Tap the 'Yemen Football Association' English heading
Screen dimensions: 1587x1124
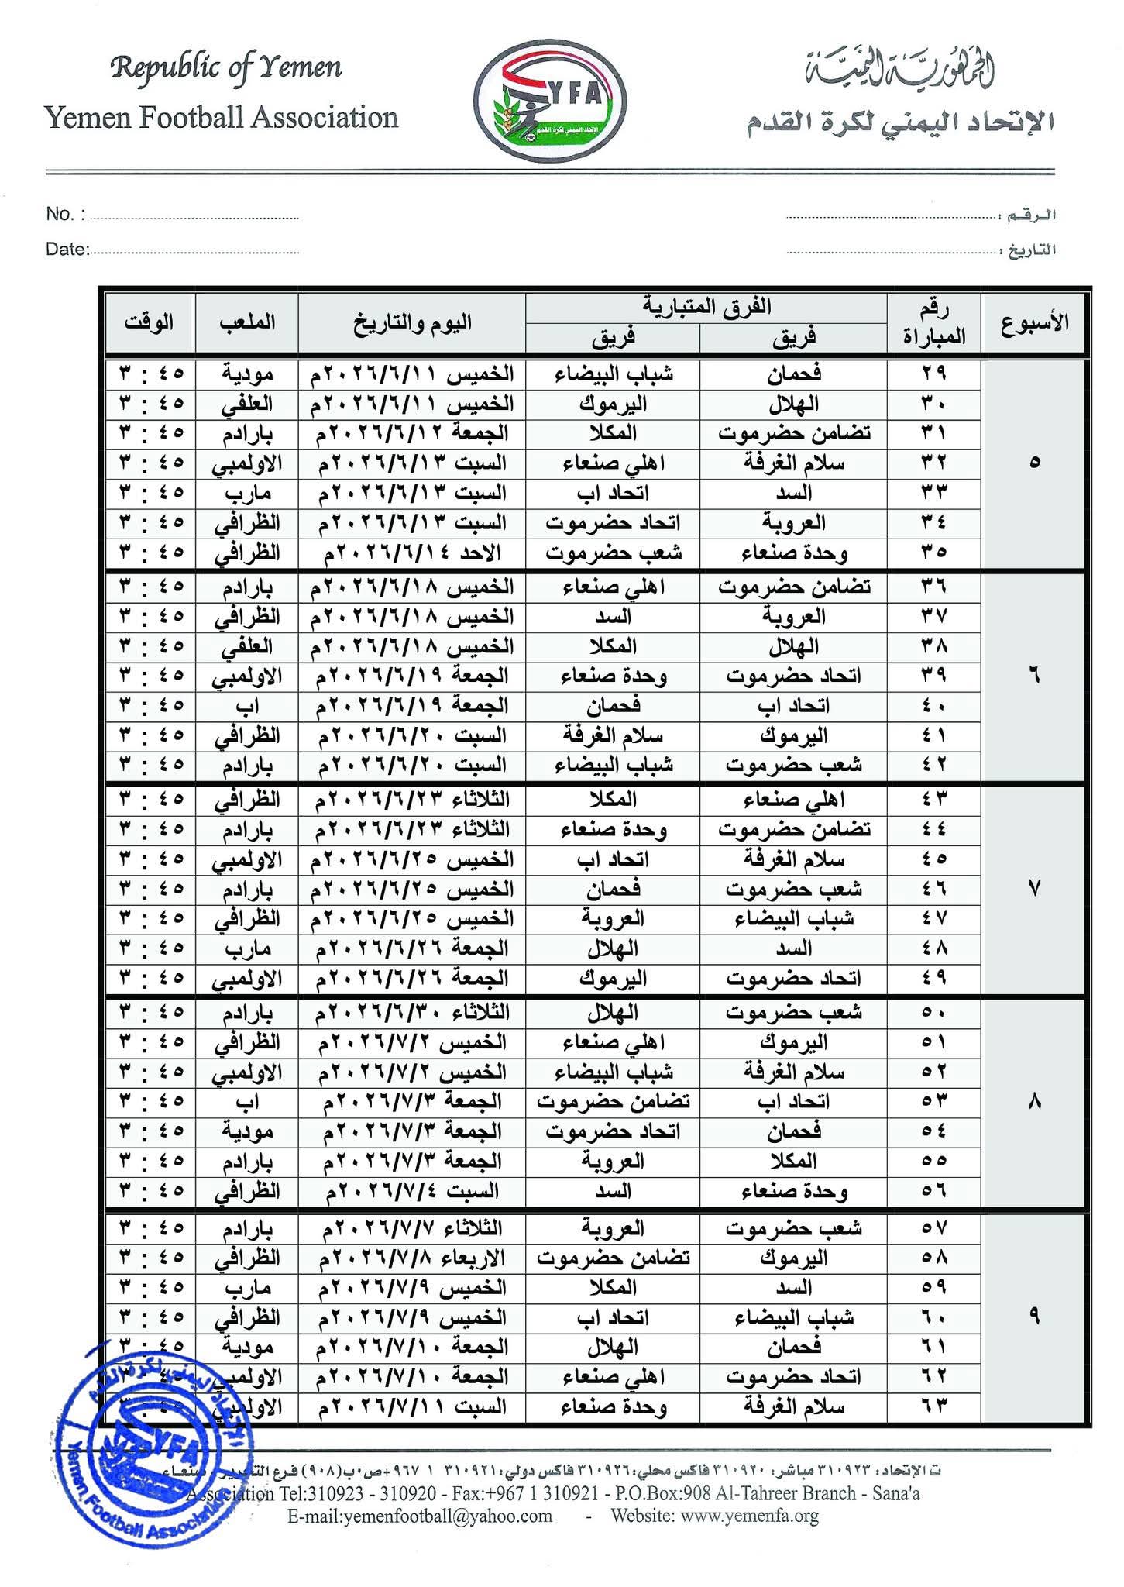[x=222, y=118]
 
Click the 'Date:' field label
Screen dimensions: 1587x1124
[x=67, y=249]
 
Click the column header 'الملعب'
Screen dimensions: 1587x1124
[x=246, y=322]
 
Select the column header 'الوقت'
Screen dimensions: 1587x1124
[x=149, y=322]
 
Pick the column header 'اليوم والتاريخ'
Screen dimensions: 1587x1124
[x=412, y=322]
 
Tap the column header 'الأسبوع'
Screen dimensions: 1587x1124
[x=1033, y=322]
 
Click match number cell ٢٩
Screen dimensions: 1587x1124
[x=933, y=374]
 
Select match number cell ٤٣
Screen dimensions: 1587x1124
[x=933, y=799]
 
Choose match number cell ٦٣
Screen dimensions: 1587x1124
[x=933, y=1406]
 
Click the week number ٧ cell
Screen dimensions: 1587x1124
[x=1033, y=888]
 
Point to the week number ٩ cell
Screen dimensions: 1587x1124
[x=1033, y=1317]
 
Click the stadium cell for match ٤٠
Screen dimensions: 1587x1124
[x=246, y=706]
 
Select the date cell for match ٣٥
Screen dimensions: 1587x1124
[x=412, y=553]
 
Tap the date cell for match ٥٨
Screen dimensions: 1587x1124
[x=412, y=1258]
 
